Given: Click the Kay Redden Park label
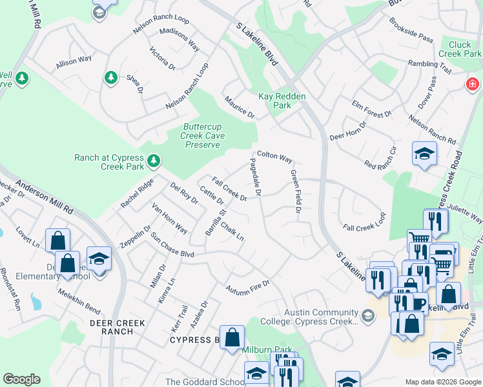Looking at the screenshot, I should coord(282,101).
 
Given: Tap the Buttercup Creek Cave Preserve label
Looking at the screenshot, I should coord(203,135).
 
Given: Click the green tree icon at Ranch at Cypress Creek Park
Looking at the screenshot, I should coord(154,159).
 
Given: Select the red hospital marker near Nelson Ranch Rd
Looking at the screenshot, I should coord(473,84).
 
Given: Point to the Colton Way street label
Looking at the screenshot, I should coord(274,157).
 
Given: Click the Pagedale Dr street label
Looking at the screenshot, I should coord(256,178).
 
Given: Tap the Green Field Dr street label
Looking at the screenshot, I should coord(296,193).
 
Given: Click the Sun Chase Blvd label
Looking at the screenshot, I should coord(172,244).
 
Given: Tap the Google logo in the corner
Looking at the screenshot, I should coord(21,379).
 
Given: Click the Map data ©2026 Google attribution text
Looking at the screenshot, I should coord(443,382).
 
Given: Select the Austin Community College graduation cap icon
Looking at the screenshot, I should coord(367,315).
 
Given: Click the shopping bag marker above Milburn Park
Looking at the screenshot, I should coord(232,337).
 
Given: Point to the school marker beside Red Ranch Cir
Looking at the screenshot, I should coord(424,154).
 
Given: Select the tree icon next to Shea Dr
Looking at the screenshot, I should coord(110,77).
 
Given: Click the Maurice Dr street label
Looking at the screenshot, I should coord(240,106).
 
